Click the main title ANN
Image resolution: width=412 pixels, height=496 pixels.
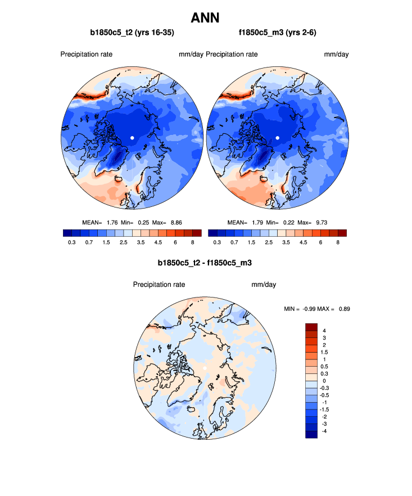206,18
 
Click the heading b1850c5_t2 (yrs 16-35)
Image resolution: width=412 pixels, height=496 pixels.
132,33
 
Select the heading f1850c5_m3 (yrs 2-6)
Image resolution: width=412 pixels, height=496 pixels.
277,33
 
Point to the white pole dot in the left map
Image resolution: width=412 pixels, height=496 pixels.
132,138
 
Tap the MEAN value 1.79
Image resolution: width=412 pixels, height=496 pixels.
258,222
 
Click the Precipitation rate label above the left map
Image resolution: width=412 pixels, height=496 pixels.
86,55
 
